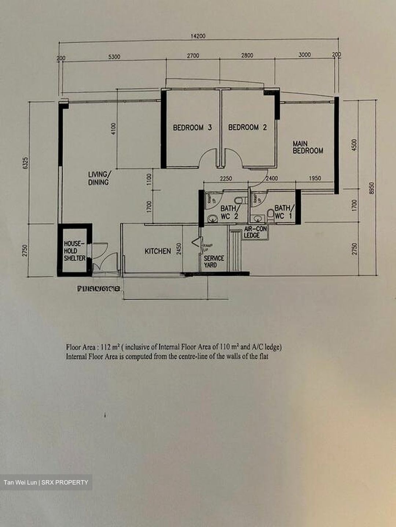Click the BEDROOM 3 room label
(x=192, y=128)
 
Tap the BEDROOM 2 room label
(x=247, y=127)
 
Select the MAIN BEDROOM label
(x=308, y=147)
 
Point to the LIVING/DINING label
(x=98, y=178)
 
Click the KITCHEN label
(x=158, y=251)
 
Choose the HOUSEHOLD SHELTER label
(x=74, y=251)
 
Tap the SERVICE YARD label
(x=213, y=261)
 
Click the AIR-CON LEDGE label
(x=256, y=232)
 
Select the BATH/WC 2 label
(x=230, y=212)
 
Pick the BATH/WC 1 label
(x=284, y=212)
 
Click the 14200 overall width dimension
(x=198, y=36)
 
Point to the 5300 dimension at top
(x=114, y=57)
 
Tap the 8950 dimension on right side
(x=372, y=188)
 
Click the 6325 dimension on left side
(x=25, y=163)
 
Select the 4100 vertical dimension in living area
(x=113, y=129)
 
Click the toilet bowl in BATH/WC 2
(x=239, y=200)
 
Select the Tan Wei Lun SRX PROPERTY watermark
(x=46, y=482)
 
